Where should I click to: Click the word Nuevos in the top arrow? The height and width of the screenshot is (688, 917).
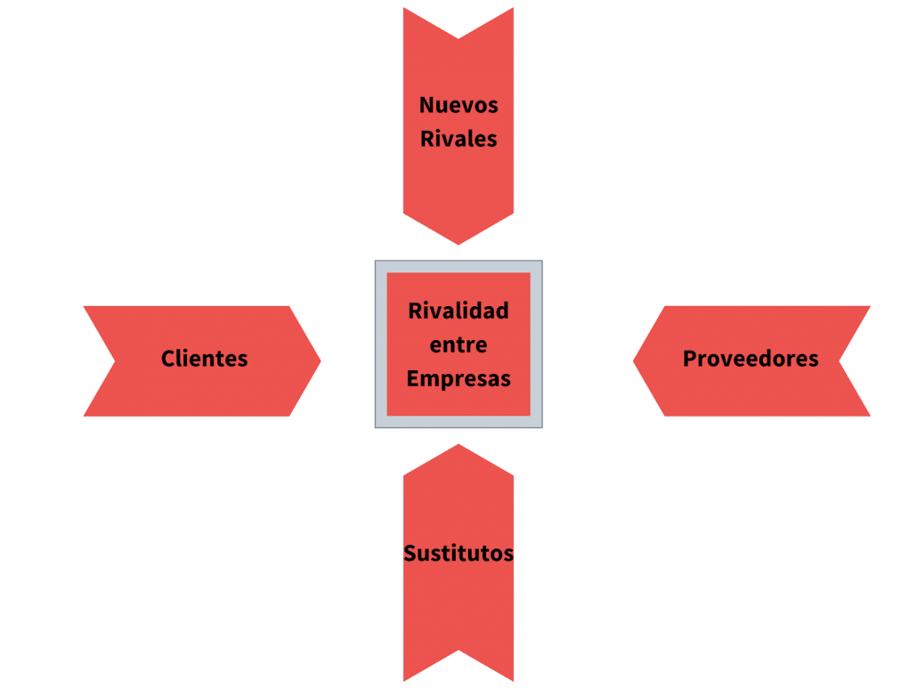click(458, 105)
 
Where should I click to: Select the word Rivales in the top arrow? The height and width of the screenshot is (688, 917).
click(458, 139)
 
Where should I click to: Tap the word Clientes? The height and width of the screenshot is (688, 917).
click(204, 359)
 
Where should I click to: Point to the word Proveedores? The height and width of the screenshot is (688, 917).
click(751, 359)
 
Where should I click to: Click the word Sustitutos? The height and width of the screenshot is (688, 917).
click(458, 553)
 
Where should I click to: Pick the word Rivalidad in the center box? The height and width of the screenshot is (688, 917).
click(458, 311)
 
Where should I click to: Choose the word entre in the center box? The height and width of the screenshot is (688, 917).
click(458, 344)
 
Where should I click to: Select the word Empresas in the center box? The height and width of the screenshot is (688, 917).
click(458, 379)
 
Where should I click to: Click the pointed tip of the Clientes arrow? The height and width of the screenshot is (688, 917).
click(321, 361)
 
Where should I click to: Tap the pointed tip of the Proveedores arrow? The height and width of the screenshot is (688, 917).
click(633, 361)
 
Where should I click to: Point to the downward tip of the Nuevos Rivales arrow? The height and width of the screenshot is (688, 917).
click(458, 245)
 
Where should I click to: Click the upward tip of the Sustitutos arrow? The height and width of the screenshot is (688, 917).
click(458, 444)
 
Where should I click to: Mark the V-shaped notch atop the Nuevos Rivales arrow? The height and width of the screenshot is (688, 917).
click(458, 38)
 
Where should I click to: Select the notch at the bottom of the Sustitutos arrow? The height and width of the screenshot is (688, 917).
click(458, 650)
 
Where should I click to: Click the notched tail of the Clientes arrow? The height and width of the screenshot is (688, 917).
click(115, 361)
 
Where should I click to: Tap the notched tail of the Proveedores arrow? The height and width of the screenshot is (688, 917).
click(840, 361)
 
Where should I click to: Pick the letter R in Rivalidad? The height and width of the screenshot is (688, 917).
click(415, 311)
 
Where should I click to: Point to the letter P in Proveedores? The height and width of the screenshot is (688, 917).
click(689, 359)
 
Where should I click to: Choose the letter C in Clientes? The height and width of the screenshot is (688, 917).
click(168, 359)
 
